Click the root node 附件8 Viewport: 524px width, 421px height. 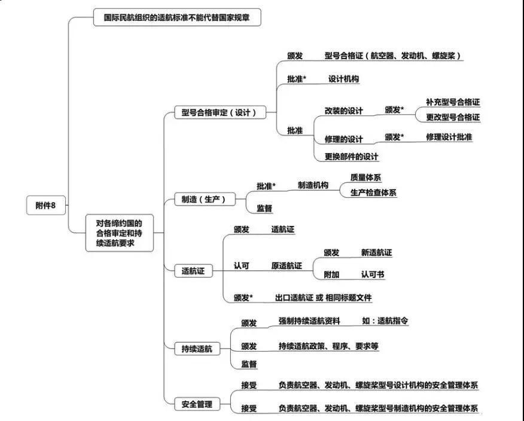46,205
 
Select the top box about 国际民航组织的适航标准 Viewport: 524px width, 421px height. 177,17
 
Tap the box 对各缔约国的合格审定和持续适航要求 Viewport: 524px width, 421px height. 119,233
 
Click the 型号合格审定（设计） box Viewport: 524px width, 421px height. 220,112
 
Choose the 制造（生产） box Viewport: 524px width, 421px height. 205,199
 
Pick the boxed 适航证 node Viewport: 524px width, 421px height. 194,271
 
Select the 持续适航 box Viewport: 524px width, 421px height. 197,349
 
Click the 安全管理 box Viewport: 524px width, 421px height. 197,404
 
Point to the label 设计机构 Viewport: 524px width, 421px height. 343,79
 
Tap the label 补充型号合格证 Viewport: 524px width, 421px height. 453,102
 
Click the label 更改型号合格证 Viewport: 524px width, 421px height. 453,117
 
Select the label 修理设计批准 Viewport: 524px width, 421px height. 449,137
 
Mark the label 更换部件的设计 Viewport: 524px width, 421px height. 351,156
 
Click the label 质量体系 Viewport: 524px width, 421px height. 365,178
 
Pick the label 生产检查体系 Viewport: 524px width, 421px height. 373,193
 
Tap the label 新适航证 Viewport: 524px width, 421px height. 376,252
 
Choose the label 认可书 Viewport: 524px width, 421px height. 373,274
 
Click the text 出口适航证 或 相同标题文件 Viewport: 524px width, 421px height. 323,297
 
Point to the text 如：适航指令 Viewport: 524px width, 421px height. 385,321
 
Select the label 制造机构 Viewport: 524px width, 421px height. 313,185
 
